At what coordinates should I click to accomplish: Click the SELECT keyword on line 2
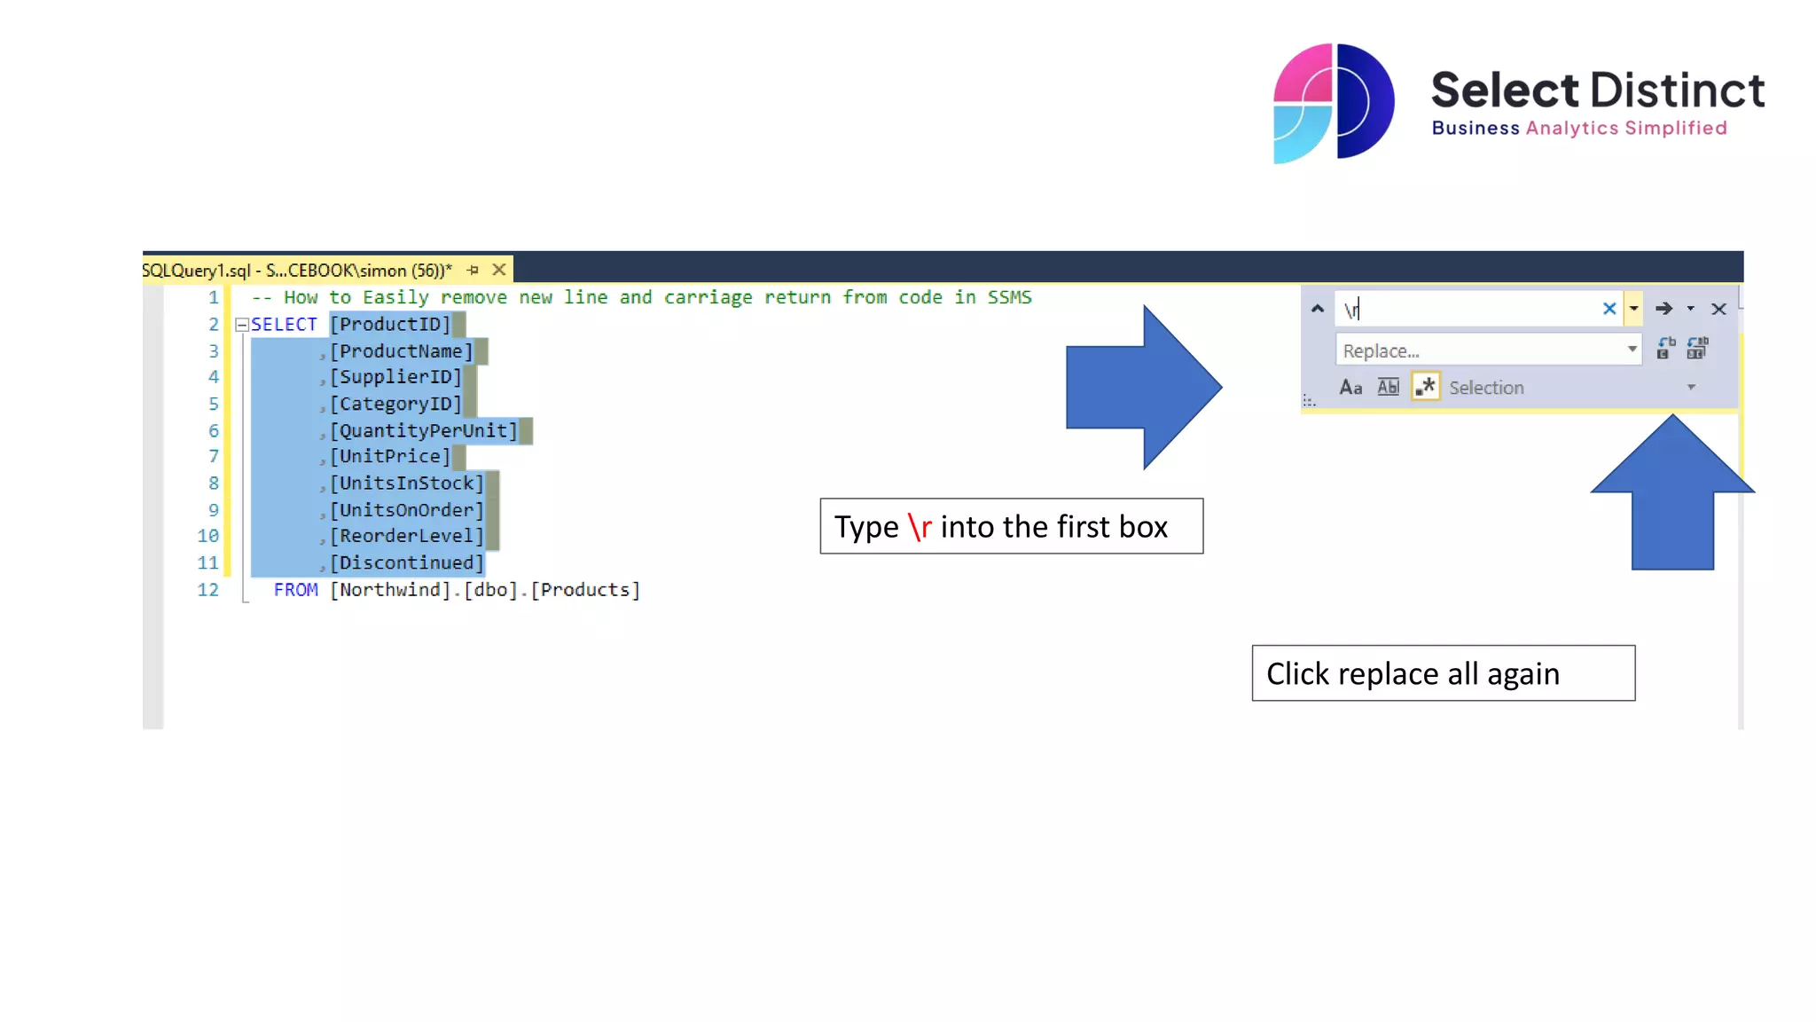click(x=284, y=325)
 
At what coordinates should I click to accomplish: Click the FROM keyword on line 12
click(x=295, y=590)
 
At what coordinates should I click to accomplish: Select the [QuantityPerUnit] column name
click(x=423, y=431)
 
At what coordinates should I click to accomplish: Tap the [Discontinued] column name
click(x=407, y=563)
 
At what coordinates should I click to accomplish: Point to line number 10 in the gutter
click(x=207, y=536)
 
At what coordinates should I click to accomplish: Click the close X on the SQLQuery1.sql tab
click(x=499, y=270)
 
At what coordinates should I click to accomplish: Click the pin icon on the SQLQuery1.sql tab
click(x=473, y=270)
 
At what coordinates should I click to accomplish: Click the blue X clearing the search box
click(x=1609, y=309)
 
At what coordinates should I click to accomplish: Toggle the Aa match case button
click(x=1350, y=388)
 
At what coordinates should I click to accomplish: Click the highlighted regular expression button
click(x=1425, y=387)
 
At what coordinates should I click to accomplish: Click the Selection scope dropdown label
click(x=1486, y=388)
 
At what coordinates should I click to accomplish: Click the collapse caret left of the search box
click(x=1318, y=309)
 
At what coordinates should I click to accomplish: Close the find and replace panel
click(x=1718, y=309)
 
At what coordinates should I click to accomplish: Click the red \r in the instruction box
click(x=920, y=527)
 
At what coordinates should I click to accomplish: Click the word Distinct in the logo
click(x=1677, y=90)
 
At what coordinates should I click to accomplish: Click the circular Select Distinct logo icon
click(x=1333, y=103)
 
